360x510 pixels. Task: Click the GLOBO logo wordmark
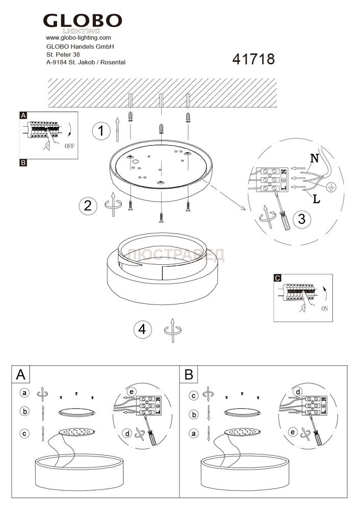click(x=82, y=21)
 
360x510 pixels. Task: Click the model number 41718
click(x=253, y=60)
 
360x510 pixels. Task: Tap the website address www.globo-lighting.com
click(x=78, y=38)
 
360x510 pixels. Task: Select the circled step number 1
click(x=101, y=131)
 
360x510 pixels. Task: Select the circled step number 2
click(x=88, y=206)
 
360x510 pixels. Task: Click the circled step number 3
click(x=302, y=219)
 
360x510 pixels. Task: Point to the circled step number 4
click(x=142, y=329)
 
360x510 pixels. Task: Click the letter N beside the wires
click(x=314, y=159)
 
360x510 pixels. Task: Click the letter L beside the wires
click(x=317, y=199)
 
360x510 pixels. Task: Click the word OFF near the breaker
click(x=70, y=146)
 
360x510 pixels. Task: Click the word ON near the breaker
click(x=325, y=309)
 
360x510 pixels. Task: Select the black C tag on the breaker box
click(x=277, y=278)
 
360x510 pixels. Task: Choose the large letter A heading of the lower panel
click(x=20, y=375)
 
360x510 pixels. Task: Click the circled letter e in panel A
click(x=132, y=392)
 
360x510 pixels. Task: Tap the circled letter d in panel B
click(x=297, y=392)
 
